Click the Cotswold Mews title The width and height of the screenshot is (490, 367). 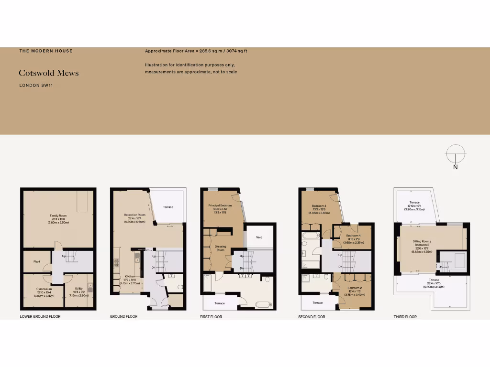pos(49,73)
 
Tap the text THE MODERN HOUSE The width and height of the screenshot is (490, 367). pos(46,51)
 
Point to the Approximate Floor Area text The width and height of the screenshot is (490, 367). pos(196,51)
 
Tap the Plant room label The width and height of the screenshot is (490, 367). pos(36,261)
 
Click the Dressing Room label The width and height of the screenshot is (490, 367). pos(220,248)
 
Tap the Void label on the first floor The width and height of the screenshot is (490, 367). pos(259,237)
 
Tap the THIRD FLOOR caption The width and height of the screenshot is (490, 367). pos(404,317)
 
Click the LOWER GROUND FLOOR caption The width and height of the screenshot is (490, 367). pos(40,317)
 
